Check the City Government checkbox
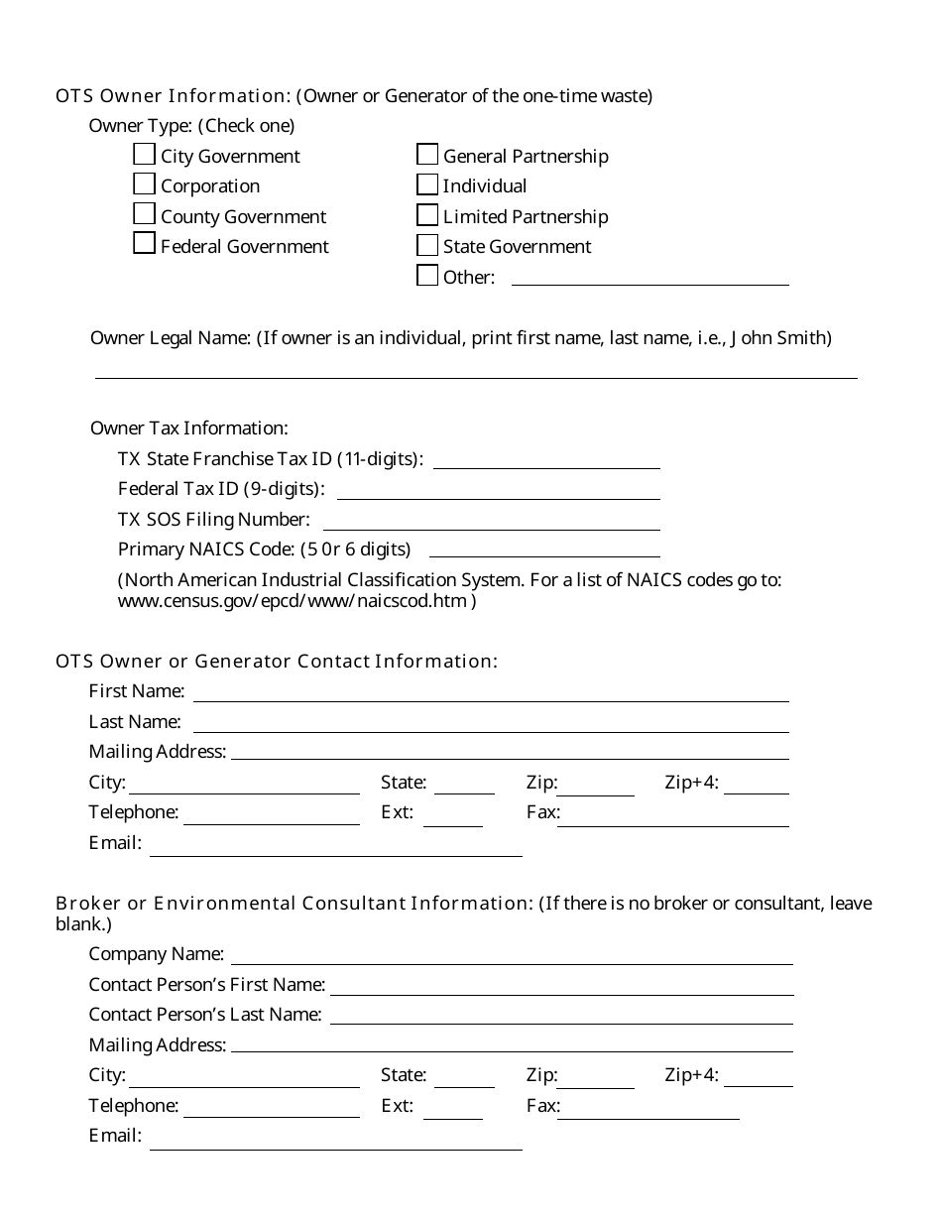pyautogui.click(x=144, y=155)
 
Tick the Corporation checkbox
pyautogui.click(x=144, y=184)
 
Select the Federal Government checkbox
pyautogui.click(x=144, y=244)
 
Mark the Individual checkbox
pyautogui.click(x=427, y=184)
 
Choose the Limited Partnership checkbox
pyautogui.click(x=427, y=215)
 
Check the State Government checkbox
pyautogui.click(x=427, y=245)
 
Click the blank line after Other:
pyautogui.click(x=649, y=277)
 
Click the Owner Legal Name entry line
pyautogui.click(x=476, y=369)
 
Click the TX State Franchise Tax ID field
pyautogui.click(x=546, y=460)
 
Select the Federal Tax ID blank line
pyautogui.click(x=499, y=490)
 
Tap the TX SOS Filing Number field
pyautogui.click(x=492, y=521)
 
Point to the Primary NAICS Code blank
pyautogui.click(x=544, y=549)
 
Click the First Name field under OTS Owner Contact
pyautogui.click(x=491, y=692)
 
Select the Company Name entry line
pyautogui.click(x=512, y=955)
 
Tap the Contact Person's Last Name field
pyautogui.click(x=561, y=1016)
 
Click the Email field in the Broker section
pyautogui.click(x=335, y=1141)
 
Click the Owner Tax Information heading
pyautogui.click(x=189, y=428)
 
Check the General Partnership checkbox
pyautogui.click(x=427, y=155)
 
